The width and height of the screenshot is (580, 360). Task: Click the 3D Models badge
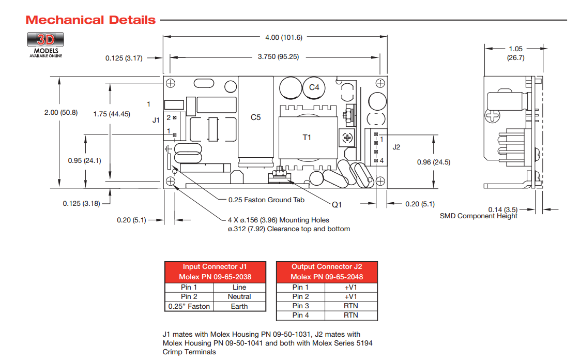click(45, 43)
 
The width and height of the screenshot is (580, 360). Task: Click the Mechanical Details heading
click(90, 20)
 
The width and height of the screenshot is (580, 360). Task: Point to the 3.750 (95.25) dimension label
click(278, 57)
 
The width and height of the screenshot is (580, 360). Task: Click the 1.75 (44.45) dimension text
click(112, 114)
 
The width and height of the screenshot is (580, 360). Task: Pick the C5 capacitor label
click(256, 117)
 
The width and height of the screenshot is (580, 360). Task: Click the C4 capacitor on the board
click(314, 87)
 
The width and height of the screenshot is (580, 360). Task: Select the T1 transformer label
click(307, 137)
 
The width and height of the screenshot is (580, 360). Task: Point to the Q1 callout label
click(337, 205)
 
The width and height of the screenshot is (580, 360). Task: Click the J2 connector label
click(396, 147)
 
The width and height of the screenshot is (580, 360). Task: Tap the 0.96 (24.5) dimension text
click(434, 162)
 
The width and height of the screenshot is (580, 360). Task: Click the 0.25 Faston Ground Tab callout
click(266, 200)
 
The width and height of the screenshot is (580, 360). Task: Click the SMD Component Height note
click(478, 216)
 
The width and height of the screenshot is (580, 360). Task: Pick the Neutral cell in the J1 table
click(239, 296)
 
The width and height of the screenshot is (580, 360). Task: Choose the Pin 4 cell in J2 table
click(300, 315)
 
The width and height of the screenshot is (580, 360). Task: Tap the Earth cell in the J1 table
click(239, 306)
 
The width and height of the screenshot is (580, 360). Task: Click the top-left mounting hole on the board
click(171, 83)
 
